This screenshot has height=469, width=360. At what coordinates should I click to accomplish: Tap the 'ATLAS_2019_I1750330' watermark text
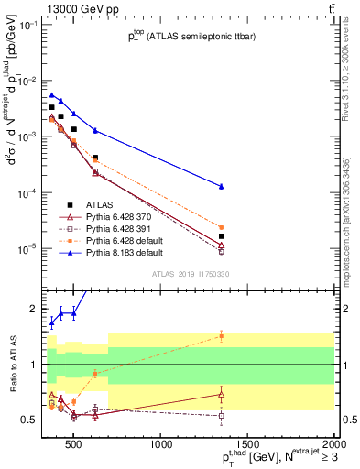coord(190,272)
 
